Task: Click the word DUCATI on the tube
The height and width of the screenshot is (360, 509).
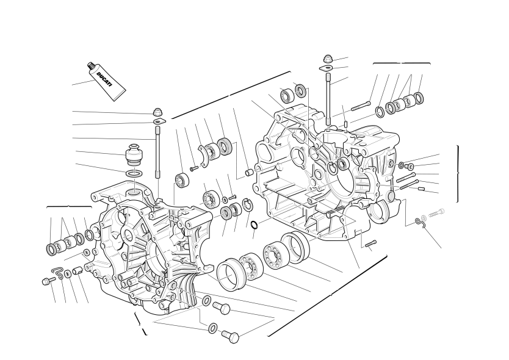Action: point(104,79)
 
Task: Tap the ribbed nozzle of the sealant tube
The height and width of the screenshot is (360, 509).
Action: point(91,67)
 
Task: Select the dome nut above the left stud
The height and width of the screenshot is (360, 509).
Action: point(157,112)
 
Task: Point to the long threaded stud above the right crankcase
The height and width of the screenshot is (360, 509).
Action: point(328,99)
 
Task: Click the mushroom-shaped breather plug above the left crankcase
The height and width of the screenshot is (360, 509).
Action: point(134,154)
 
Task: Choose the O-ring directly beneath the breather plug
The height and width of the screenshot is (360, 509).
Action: point(133,173)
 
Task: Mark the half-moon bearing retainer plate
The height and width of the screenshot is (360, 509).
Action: point(203,157)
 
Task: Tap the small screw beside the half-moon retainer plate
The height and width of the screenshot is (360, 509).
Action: point(194,168)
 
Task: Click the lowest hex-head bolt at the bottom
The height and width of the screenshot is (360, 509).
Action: point(231,337)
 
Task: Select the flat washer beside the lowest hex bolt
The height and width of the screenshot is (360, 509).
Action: point(212,328)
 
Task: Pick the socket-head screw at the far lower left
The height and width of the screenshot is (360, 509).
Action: point(46,281)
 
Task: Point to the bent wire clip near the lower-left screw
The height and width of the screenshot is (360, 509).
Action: point(58,272)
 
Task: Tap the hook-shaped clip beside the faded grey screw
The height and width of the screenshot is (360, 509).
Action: point(421,222)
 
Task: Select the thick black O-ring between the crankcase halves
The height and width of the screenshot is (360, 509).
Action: point(255,225)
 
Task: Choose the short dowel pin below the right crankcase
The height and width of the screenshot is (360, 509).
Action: point(370,244)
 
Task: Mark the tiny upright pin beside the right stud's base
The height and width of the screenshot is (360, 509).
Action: point(346,124)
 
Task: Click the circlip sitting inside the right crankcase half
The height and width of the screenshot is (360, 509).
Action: point(332,168)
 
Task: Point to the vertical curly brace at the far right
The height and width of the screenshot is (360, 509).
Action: point(458,174)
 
